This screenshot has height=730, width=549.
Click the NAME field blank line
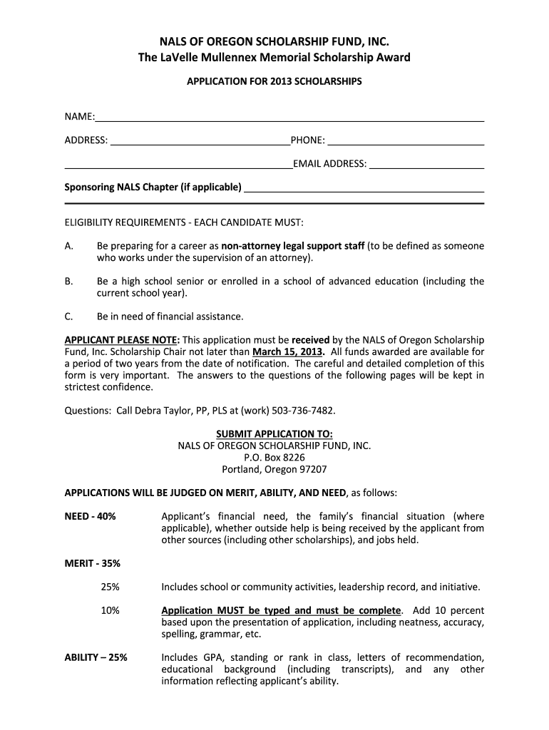coord(289,118)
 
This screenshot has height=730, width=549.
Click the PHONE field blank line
coord(405,142)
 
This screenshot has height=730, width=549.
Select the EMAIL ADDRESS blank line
coord(426,165)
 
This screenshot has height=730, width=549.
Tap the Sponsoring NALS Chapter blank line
coord(364,189)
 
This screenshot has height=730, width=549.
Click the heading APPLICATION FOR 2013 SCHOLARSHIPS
coord(274,82)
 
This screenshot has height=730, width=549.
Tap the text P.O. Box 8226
coord(274,458)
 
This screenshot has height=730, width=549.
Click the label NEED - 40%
coord(90,516)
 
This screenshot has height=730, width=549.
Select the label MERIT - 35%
coord(93,563)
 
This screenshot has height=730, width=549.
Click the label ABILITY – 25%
coord(96,657)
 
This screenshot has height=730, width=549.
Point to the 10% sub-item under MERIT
coord(110,610)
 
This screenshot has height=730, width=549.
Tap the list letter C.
coord(68,316)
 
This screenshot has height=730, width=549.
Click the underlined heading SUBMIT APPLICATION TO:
coord(274,434)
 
